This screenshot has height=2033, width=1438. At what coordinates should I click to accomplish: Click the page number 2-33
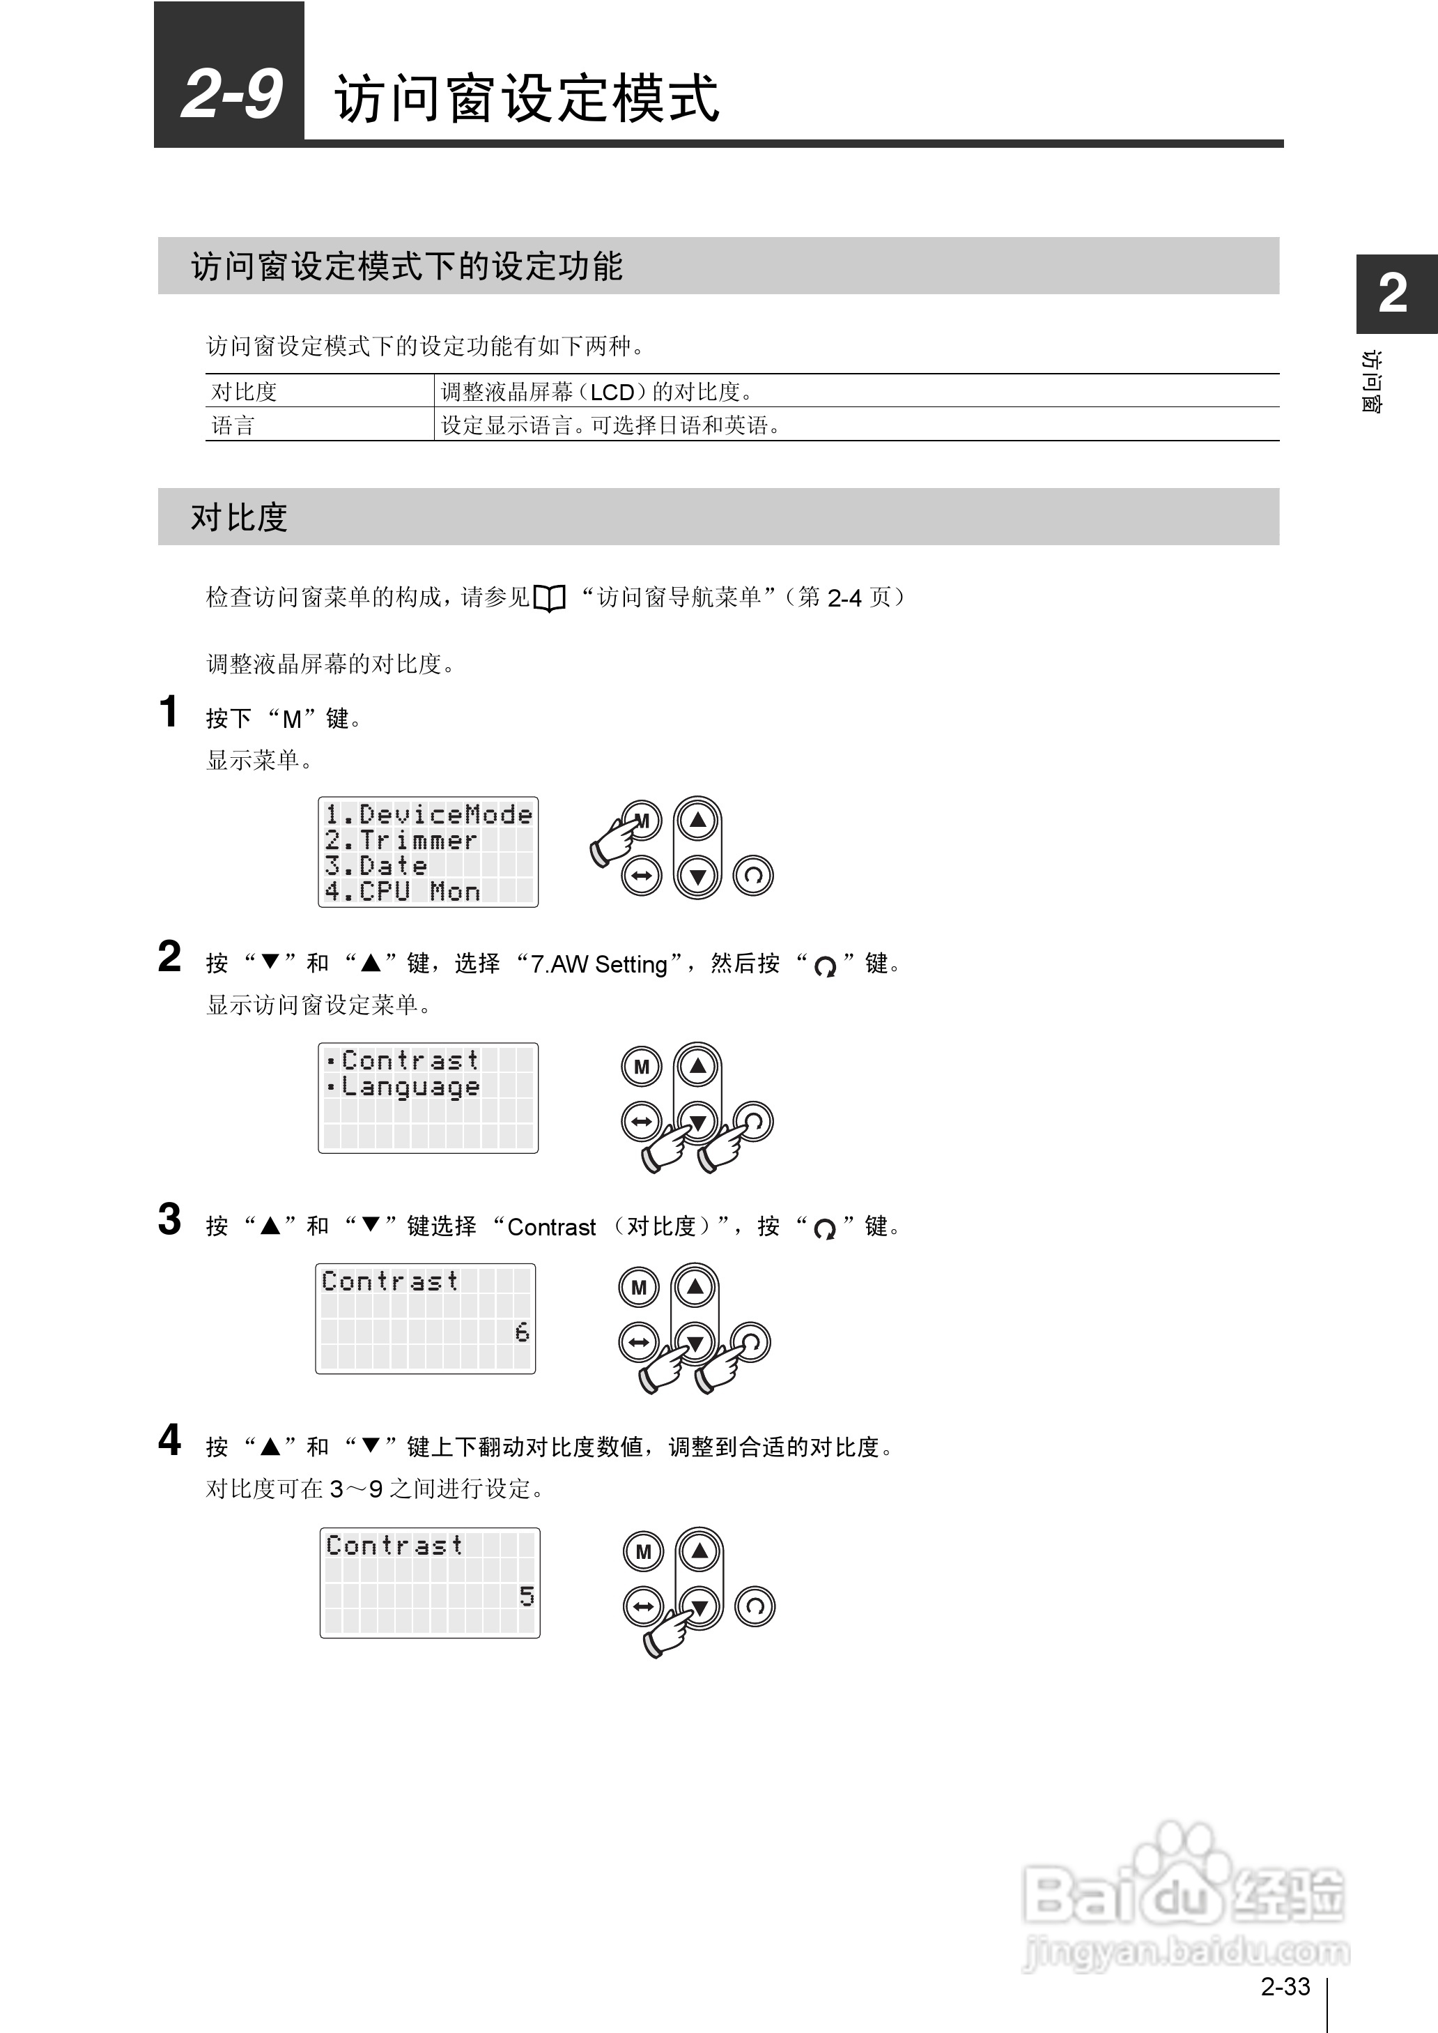[x=1284, y=1986]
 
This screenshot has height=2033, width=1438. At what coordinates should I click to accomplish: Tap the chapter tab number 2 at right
[x=1393, y=294]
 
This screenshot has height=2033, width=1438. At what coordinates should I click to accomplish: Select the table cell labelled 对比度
[x=245, y=392]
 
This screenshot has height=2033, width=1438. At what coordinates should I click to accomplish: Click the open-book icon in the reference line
[x=549, y=599]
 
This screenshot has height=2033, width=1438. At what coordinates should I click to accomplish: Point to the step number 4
[x=169, y=1440]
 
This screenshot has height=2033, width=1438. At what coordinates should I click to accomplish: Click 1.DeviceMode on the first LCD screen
[x=428, y=814]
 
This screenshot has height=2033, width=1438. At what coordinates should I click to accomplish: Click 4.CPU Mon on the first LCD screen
[x=402, y=891]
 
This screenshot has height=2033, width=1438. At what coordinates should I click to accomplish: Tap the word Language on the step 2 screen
[x=411, y=1087]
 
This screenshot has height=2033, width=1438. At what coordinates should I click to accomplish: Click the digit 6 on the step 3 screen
[x=522, y=1332]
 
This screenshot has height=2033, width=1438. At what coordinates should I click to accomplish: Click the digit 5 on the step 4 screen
[x=526, y=1595]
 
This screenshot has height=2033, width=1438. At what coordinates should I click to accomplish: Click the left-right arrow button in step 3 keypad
[x=638, y=1342]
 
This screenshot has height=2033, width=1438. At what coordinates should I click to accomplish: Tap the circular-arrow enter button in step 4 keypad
[x=755, y=1606]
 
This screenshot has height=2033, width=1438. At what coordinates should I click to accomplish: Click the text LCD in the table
[x=612, y=392]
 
